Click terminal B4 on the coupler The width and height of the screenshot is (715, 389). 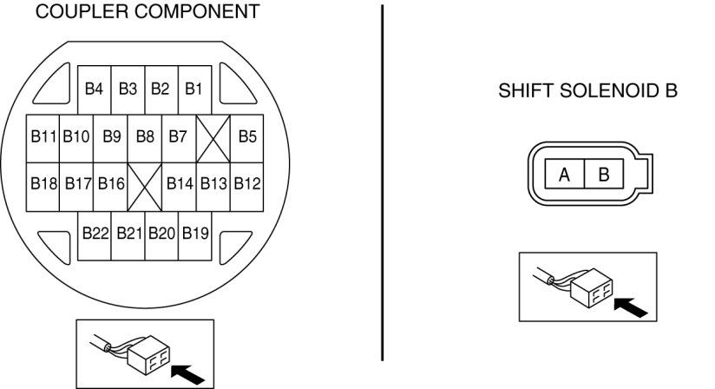click(x=94, y=89)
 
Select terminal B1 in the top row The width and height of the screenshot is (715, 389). click(x=194, y=89)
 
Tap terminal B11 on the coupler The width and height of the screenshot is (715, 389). click(x=43, y=137)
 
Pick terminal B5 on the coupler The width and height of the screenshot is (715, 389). click(x=247, y=137)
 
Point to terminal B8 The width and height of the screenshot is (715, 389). click(x=144, y=137)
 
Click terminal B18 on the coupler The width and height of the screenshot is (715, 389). click(x=43, y=184)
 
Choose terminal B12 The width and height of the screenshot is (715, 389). click(x=247, y=184)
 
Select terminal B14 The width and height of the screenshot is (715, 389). click(x=180, y=184)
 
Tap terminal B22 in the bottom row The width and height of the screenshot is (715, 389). click(x=95, y=234)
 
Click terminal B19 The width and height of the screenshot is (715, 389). click(x=194, y=234)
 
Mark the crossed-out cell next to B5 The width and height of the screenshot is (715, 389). click(x=212, y=137)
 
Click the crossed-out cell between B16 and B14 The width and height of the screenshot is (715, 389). click(x=144, y=184)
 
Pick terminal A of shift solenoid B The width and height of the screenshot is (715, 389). click(x=564, y=175)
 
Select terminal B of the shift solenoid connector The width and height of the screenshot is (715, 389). click(x=603, y=175)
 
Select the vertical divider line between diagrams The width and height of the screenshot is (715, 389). click(x=382, y=182)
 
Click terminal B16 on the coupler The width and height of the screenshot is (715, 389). click(x=111, y=184)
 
